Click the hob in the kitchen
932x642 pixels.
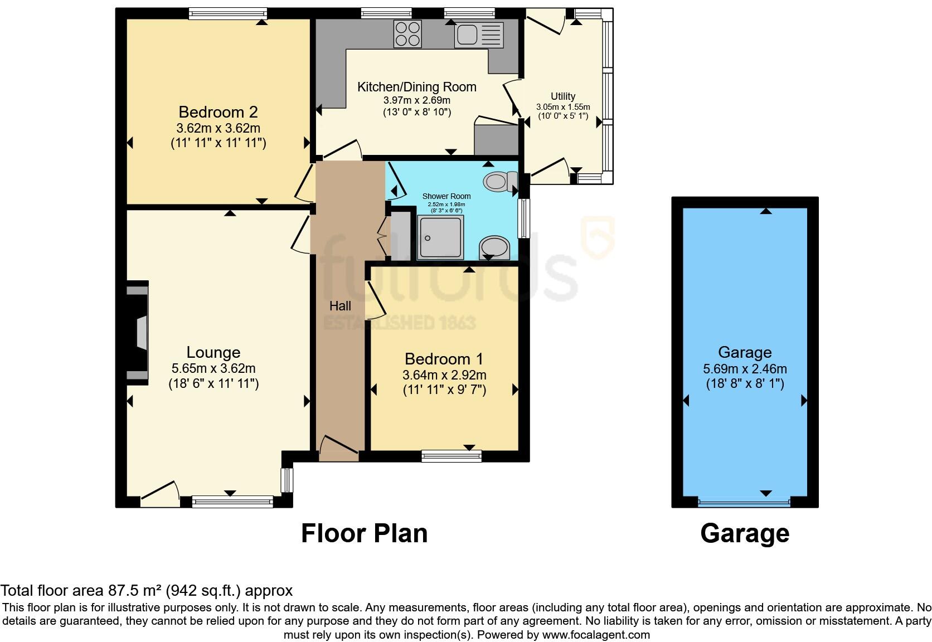tap(407, 33)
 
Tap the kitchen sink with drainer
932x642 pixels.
tap(479, 35)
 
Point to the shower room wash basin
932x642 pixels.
tap(494, 247)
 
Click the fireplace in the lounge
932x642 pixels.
tap(137, 332)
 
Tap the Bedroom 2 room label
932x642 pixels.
tap(218, 112)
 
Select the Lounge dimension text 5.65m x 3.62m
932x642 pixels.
tap(213, 368)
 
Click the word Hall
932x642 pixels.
tap(340, 306)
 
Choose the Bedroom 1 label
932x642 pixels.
tap(444, 359)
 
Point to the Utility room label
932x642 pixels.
tap(563, 96)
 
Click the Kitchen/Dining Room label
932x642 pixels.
tap(416, 87)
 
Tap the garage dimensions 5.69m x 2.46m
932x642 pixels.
tap(745, 369)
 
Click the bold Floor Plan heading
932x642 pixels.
tap(364, 533)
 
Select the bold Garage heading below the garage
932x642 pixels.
tap(745, 533)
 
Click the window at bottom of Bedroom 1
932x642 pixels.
tap(452, 456)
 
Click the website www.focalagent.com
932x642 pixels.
tap(595, 635)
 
